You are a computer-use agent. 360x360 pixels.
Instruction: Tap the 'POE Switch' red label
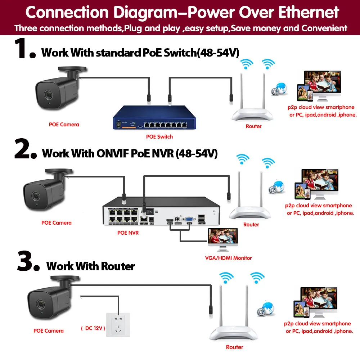(159, 137)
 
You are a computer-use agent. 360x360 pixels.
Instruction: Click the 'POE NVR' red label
(128, 233)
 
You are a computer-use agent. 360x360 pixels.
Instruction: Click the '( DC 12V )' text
(93, 328)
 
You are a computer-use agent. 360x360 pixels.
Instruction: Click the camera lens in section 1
(47, 94)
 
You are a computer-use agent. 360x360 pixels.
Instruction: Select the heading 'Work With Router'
(91, 266)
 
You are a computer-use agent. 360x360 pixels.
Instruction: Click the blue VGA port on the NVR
(188, 219)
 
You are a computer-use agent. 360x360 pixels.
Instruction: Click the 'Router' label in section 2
(251, 225)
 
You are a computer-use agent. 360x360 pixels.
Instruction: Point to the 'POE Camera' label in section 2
(57, 223)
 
